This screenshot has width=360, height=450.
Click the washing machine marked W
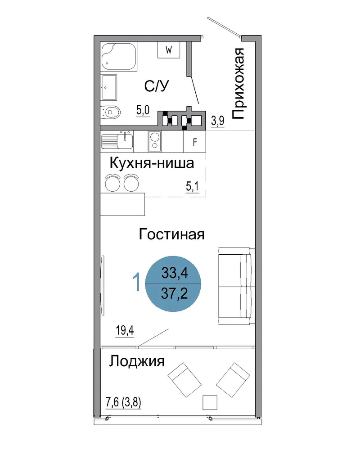pos(168,50)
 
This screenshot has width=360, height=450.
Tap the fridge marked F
pos(195,142)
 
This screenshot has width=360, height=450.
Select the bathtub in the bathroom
pos(119,57)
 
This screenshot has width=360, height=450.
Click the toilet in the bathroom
pos(111,112)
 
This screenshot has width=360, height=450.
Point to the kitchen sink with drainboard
pos(117,141)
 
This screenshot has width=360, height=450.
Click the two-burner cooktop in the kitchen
pos(155,141)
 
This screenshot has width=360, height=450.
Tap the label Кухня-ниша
pos(152,163)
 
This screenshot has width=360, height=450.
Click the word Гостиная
pos(171,234)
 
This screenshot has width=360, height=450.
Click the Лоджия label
pos(137,362)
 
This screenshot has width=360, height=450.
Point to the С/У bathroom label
pos(157,86)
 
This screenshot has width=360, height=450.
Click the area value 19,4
pos(125,331)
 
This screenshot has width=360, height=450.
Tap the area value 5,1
pos(192,187)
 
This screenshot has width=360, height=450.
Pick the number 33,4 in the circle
pos(175,273)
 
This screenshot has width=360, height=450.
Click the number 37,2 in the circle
pos(175,293)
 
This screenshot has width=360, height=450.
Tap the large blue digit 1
pos(137,282)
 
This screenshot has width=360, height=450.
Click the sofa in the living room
pos(237,286)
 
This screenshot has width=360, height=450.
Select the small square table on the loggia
pos(210,402)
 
